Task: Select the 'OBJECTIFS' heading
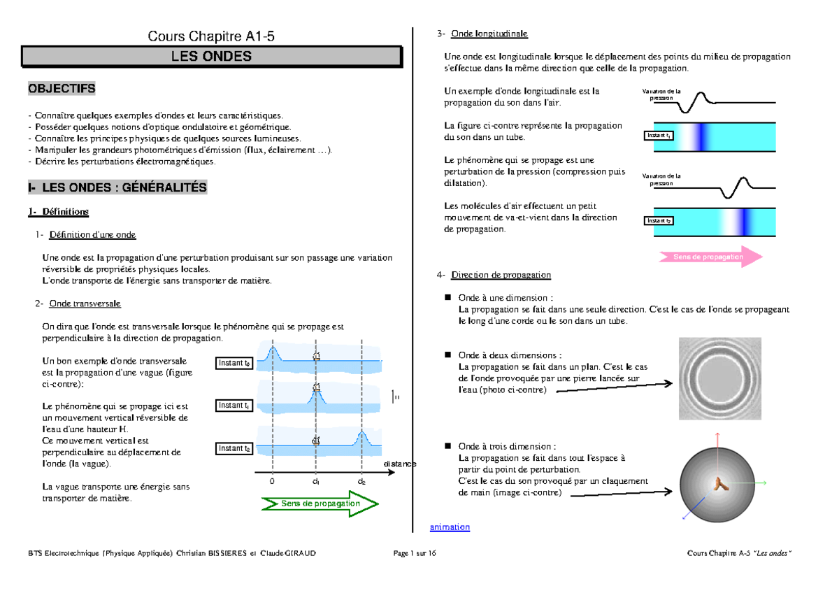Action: tap(62, 89)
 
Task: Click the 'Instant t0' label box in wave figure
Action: tap(234, 363)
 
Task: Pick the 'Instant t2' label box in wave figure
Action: tap(234, 448)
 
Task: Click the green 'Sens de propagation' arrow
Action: tap(320, 503)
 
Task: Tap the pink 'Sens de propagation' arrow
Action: tap(710, 257)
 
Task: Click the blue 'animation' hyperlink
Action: tap(450, 527)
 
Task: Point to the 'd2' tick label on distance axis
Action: tap(361, 482)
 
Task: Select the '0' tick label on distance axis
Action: tap(273, 482)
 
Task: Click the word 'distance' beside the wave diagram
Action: tap(399, 464)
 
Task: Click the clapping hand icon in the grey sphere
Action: tap(719, 482)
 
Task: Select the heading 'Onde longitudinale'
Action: tap(489, 34)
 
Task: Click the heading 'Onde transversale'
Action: tap(81, 303)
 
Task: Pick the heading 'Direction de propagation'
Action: tap(501, 275)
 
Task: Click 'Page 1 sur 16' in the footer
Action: tap(415, 554)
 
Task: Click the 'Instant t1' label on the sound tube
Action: tap(659, 135)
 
